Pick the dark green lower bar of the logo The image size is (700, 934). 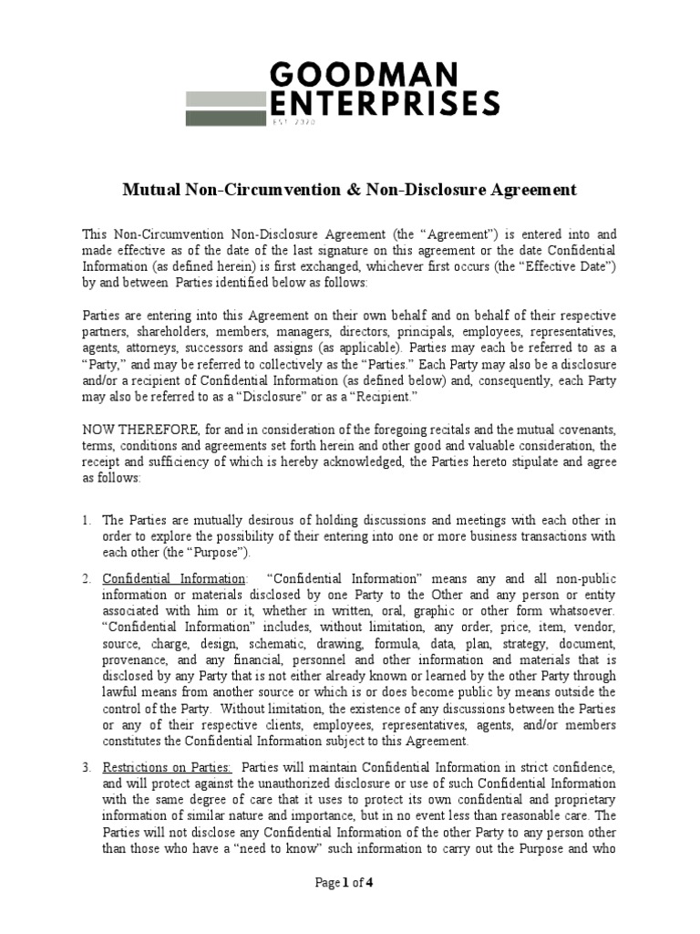pos(223,117)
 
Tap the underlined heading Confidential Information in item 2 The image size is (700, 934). pos(173,578)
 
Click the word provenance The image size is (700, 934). pos(135,660)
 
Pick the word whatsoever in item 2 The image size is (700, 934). pos(584,611)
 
